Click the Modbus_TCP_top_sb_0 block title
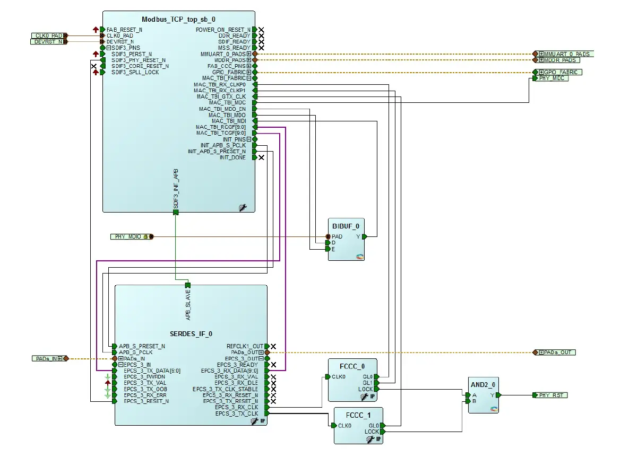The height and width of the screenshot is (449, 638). [x=178, y=19]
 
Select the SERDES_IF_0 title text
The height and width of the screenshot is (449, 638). [x=191, y=334]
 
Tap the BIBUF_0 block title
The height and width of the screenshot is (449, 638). [x=346, y=226]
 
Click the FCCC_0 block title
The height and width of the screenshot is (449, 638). [x=352, y=366]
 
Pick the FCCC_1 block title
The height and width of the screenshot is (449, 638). [x=358, y=416]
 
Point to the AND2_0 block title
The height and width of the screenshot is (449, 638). [x=483, y=385]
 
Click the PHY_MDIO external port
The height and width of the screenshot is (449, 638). [x=132, y=237]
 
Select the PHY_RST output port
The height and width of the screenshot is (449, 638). [x=550, y=395]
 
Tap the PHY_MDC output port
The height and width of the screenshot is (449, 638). [x=550, y=78]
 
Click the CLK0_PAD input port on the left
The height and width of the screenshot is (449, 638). [x=49, y=36]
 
